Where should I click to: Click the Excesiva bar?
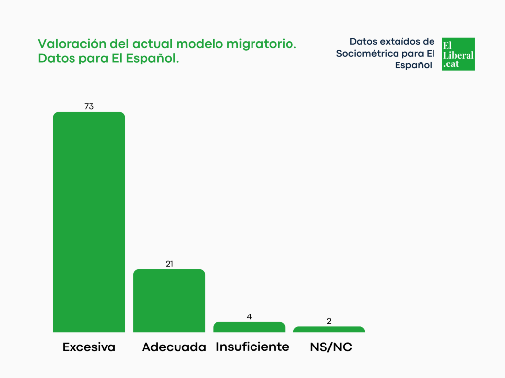point(89,222)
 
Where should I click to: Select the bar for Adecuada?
point(169,301)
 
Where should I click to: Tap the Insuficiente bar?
point(249,327)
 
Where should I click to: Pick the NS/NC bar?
point(329,329)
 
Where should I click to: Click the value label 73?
point(89,106)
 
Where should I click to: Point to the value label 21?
point(169,264)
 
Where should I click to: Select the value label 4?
point(249,316)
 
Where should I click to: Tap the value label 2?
point(329,321)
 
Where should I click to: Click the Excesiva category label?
point(89,347)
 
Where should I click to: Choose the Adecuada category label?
point(174,347)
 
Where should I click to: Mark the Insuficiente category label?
point(252,347)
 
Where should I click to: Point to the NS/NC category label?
point(331,347)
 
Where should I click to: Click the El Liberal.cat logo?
point(458,54)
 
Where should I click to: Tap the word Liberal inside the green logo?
point(458,55)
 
